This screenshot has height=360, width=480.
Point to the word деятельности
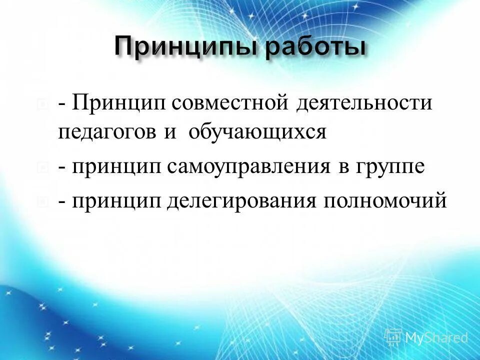tap(364, 104)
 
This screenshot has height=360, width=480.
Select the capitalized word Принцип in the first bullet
tap(118, 104)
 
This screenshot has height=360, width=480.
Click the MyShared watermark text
tap(436, 338)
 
